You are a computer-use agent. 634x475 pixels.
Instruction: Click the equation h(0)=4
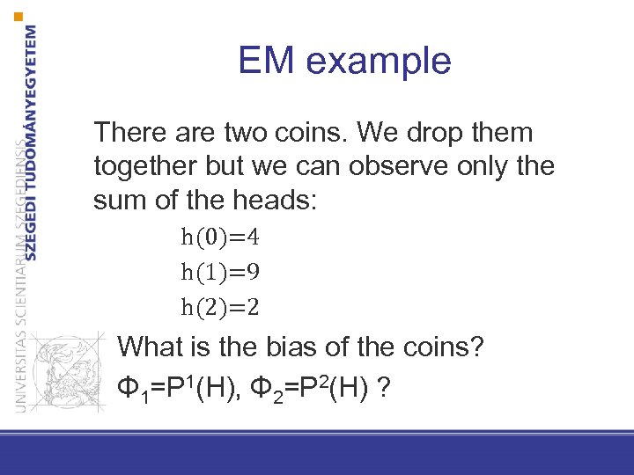(x=220, y=237)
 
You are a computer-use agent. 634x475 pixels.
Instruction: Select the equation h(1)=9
(x=220, y=272)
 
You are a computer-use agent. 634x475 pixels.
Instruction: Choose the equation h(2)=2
(x=220, y=306)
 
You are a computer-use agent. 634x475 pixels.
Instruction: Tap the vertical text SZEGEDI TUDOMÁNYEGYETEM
(x=32, y=141)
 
